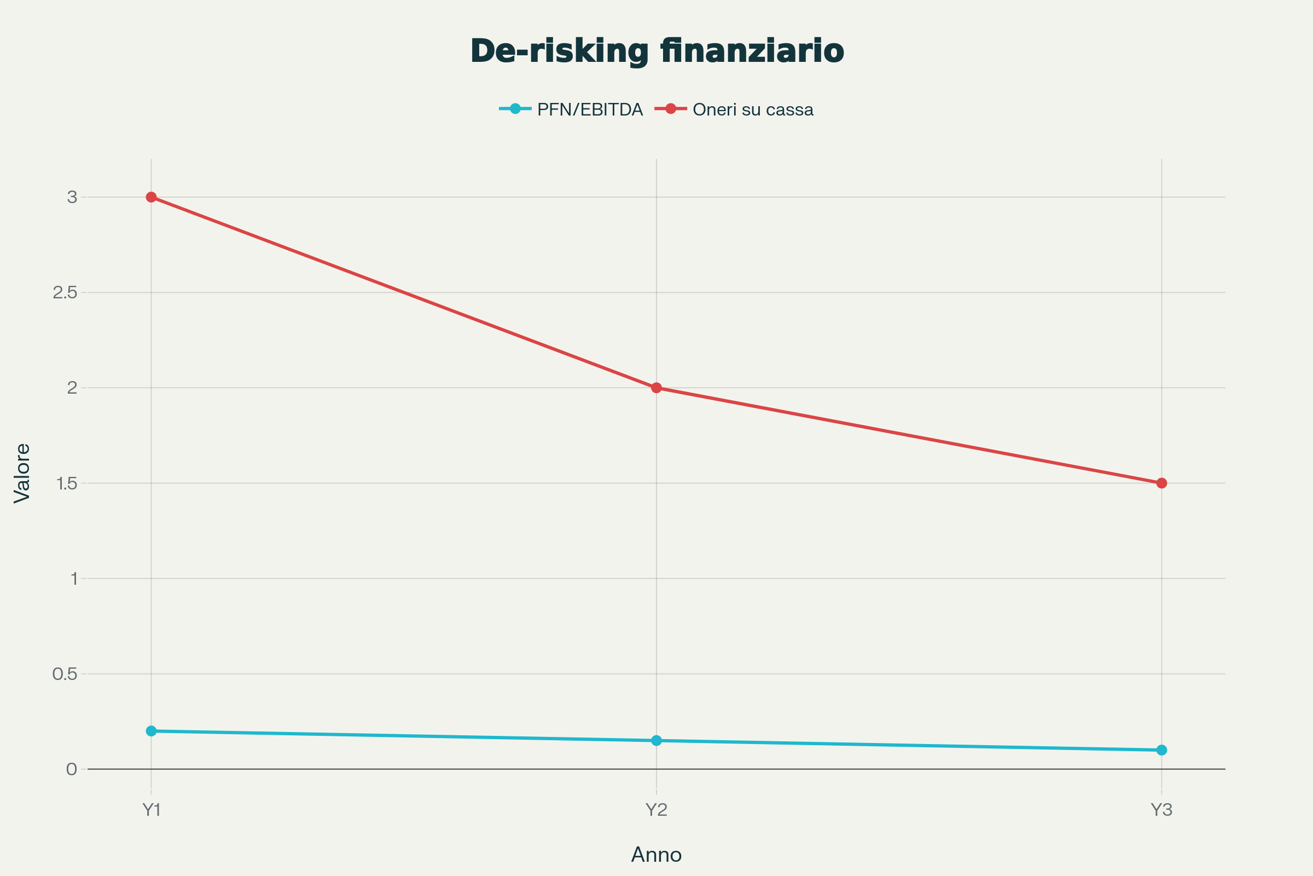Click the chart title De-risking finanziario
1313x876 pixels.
pos(656,51)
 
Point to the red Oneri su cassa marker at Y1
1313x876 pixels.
pos(152,197)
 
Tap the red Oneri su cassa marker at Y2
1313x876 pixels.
pos(656,388)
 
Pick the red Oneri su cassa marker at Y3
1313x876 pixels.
pos(1161,483)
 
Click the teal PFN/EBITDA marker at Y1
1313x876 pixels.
pos(152,731)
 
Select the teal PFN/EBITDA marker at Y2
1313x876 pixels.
pos(656,741)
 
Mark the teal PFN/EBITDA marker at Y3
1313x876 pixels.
pos(1161,750)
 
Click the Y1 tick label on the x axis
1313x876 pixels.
pos(152,810)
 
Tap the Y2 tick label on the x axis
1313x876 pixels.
pos(656,810)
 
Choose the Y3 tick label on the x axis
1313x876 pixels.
pos(1161,810)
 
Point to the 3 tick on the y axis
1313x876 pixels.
pos(72,197)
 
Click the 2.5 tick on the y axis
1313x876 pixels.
pos(65,293)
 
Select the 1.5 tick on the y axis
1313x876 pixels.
pos(66,483)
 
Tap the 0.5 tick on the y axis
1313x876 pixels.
pos(65,674)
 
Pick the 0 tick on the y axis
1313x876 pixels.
pos(72,769)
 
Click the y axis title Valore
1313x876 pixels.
pos(22,473)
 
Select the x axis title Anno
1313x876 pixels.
pos(656,855)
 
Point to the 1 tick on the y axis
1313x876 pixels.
pos(74,579)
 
